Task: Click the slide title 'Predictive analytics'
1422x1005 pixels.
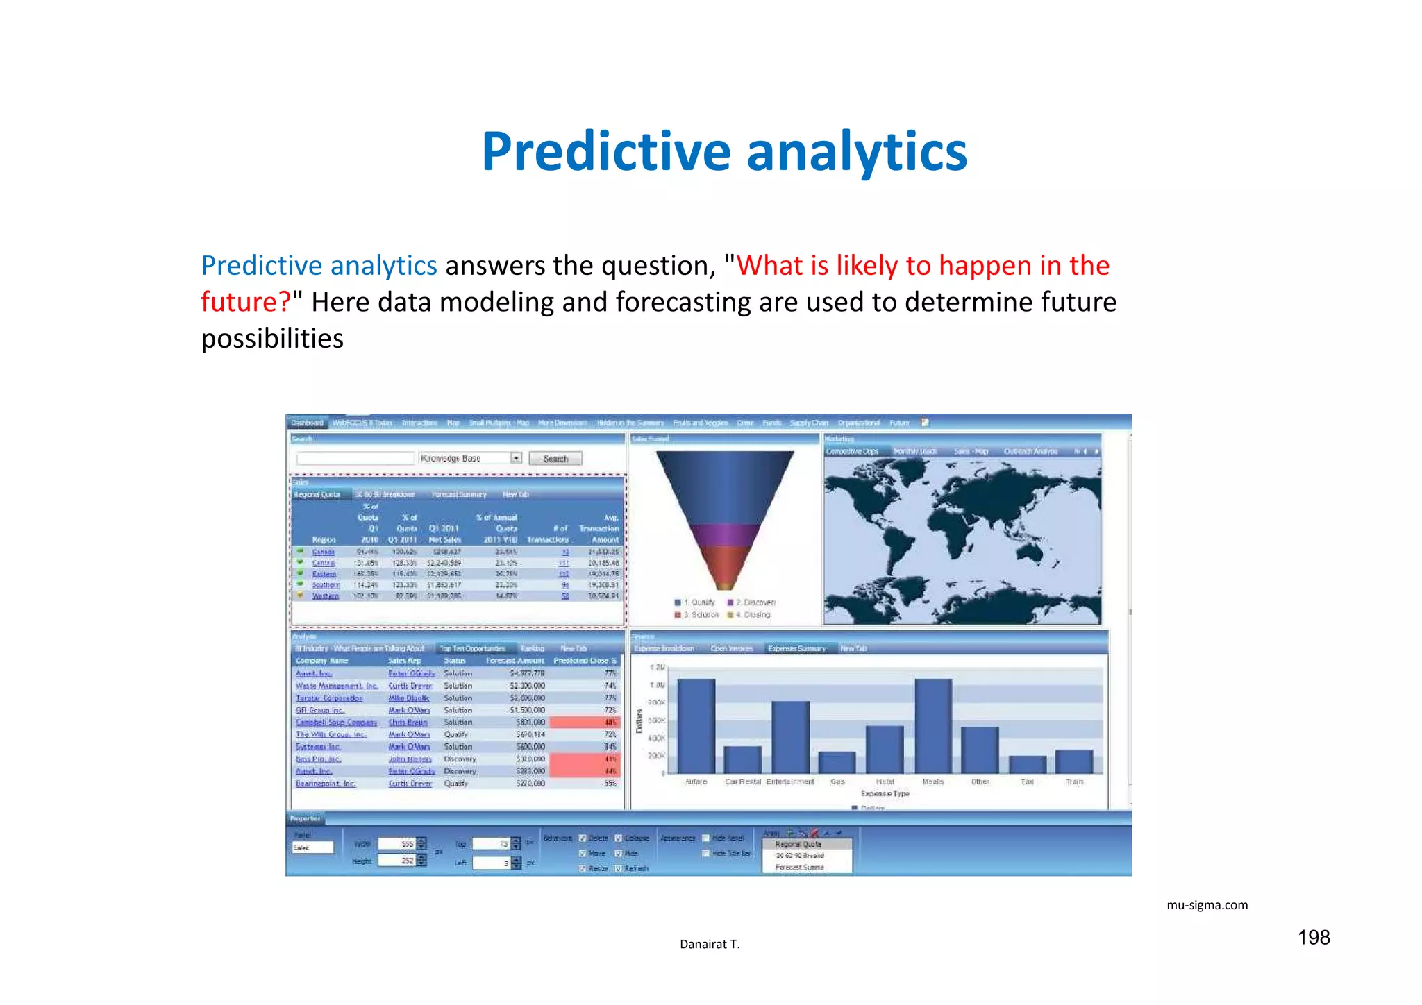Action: coord(724,152)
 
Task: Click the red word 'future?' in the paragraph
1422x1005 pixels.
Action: coord(245,303)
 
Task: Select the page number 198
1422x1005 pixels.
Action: coord(1313,938)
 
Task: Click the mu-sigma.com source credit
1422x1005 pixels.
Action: coord(1207,905)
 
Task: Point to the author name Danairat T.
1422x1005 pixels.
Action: coord(710,944)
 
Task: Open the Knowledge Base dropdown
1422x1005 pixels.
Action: coord(516,458)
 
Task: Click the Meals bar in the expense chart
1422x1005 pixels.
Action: coord(932,725)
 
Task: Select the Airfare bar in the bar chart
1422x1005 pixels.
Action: coord(696,725)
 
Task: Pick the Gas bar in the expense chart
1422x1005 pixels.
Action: coord(837,762)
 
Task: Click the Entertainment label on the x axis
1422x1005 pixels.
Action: coord(790,782)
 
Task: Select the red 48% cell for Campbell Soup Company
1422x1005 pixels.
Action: coord(583,723)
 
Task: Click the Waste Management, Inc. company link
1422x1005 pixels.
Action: coord(337,686)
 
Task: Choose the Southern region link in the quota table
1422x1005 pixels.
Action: coord(326,585)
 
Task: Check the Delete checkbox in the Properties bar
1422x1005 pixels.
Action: coord(583,838)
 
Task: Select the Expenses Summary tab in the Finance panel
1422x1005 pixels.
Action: coord(796,648)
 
